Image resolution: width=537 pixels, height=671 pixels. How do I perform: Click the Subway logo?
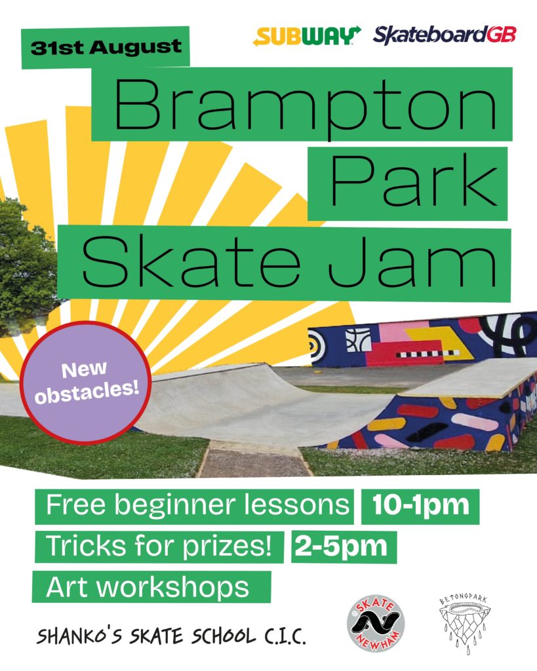coord(307,36)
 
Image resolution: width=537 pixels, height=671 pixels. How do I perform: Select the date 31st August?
coord(106,47)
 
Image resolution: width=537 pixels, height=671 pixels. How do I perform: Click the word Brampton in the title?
coord(305,105)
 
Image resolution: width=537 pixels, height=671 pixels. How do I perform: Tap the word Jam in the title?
coord(412,262)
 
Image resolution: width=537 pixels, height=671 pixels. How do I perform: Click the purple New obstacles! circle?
coord(86,381)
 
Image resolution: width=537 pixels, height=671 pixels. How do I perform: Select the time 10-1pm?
coord(420,506)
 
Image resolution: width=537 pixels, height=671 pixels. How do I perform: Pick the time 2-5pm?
coord(344,547)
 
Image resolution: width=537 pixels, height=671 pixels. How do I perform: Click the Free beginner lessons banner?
coord(195,507)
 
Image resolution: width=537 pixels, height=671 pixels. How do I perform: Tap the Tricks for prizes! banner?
coord(159,547)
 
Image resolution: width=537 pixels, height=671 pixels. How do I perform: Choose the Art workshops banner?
coord(151,586)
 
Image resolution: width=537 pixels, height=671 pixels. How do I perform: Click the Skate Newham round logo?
coord(376,623)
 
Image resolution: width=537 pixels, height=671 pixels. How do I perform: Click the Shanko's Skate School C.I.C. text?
coord(171,636)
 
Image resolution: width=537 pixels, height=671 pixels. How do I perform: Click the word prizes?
coord(228,548)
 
